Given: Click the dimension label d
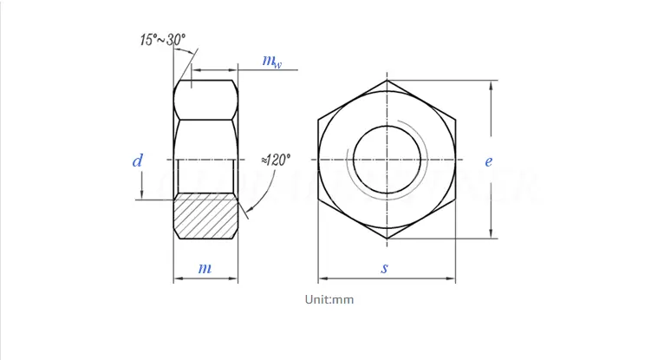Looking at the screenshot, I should tap(138, 160).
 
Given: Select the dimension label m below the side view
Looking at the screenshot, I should tap(205, 268).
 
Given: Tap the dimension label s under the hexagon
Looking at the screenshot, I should tap(385, 268).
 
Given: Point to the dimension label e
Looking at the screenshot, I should tap(489, 160).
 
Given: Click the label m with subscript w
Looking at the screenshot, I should tap(272, 61).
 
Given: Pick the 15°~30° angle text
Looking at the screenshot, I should tap(162, 39).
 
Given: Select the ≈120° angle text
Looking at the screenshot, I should tap(277, 160).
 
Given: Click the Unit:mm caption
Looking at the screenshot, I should tap(329, 299).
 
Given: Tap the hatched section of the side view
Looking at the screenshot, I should tap(205, 216).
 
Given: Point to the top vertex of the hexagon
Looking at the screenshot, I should tap(387, 81).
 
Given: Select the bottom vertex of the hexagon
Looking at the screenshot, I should tap(387, 238).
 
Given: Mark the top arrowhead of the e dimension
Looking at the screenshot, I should tap(492, 85).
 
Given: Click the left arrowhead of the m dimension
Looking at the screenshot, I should tap(178, 279).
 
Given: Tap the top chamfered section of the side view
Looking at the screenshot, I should tap(205, 100).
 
